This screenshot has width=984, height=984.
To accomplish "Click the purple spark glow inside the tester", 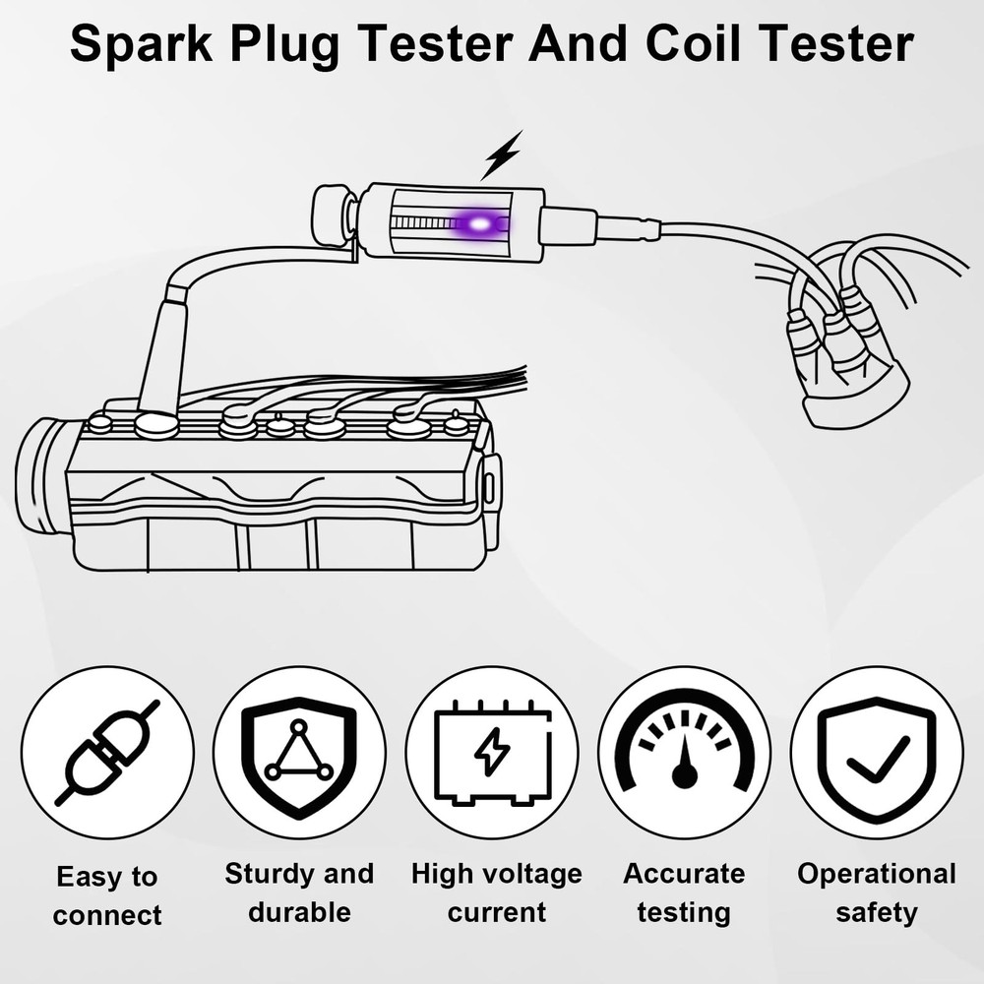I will click(479, 224).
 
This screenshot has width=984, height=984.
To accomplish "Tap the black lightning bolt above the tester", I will click(501, 156).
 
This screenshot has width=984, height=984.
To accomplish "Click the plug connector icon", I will click(107, 752).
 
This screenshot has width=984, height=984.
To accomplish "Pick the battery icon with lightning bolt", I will click(492, 753).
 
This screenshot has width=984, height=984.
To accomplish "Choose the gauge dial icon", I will click(685, 752).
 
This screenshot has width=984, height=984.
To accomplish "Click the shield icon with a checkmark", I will click(877, 753).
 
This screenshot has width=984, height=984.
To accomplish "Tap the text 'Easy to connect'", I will click(107, 895).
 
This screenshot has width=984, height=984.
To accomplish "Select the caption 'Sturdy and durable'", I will click(299, 892).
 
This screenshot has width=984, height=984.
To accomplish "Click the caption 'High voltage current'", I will click(496, 892).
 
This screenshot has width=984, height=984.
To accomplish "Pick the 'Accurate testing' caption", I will click(684, 892).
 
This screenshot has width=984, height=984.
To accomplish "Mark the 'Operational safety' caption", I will click(876, 892).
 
